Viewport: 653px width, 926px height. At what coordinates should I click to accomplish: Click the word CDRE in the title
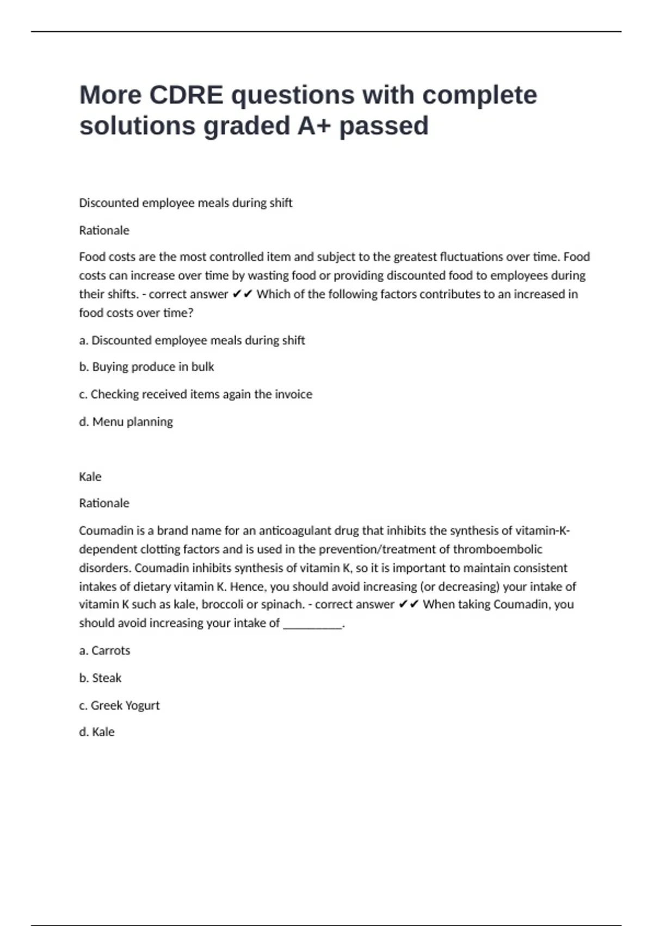186,95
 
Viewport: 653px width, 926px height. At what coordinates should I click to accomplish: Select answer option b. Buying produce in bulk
146,367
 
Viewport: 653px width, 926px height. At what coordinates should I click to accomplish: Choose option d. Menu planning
126,422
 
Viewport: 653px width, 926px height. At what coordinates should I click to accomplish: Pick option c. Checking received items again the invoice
195,394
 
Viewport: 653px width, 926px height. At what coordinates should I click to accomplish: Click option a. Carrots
104,650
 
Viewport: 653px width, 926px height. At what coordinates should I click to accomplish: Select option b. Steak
100,678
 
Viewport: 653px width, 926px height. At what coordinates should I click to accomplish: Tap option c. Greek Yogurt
119,705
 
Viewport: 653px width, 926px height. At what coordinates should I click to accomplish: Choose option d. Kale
97,732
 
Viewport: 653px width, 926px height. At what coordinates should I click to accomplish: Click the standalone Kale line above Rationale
90,477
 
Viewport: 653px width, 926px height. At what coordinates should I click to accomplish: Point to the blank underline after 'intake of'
313,624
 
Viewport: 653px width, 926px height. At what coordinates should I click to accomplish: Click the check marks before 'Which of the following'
242,294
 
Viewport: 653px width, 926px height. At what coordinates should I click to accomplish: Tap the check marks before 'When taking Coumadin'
409,605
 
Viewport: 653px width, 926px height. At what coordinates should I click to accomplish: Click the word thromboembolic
497,549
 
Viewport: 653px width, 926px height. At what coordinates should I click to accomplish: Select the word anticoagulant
294,531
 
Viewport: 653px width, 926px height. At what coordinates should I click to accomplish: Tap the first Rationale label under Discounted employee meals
104,230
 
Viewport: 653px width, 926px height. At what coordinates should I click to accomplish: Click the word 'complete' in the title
479,95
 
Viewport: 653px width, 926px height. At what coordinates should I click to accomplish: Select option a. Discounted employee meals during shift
192,340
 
